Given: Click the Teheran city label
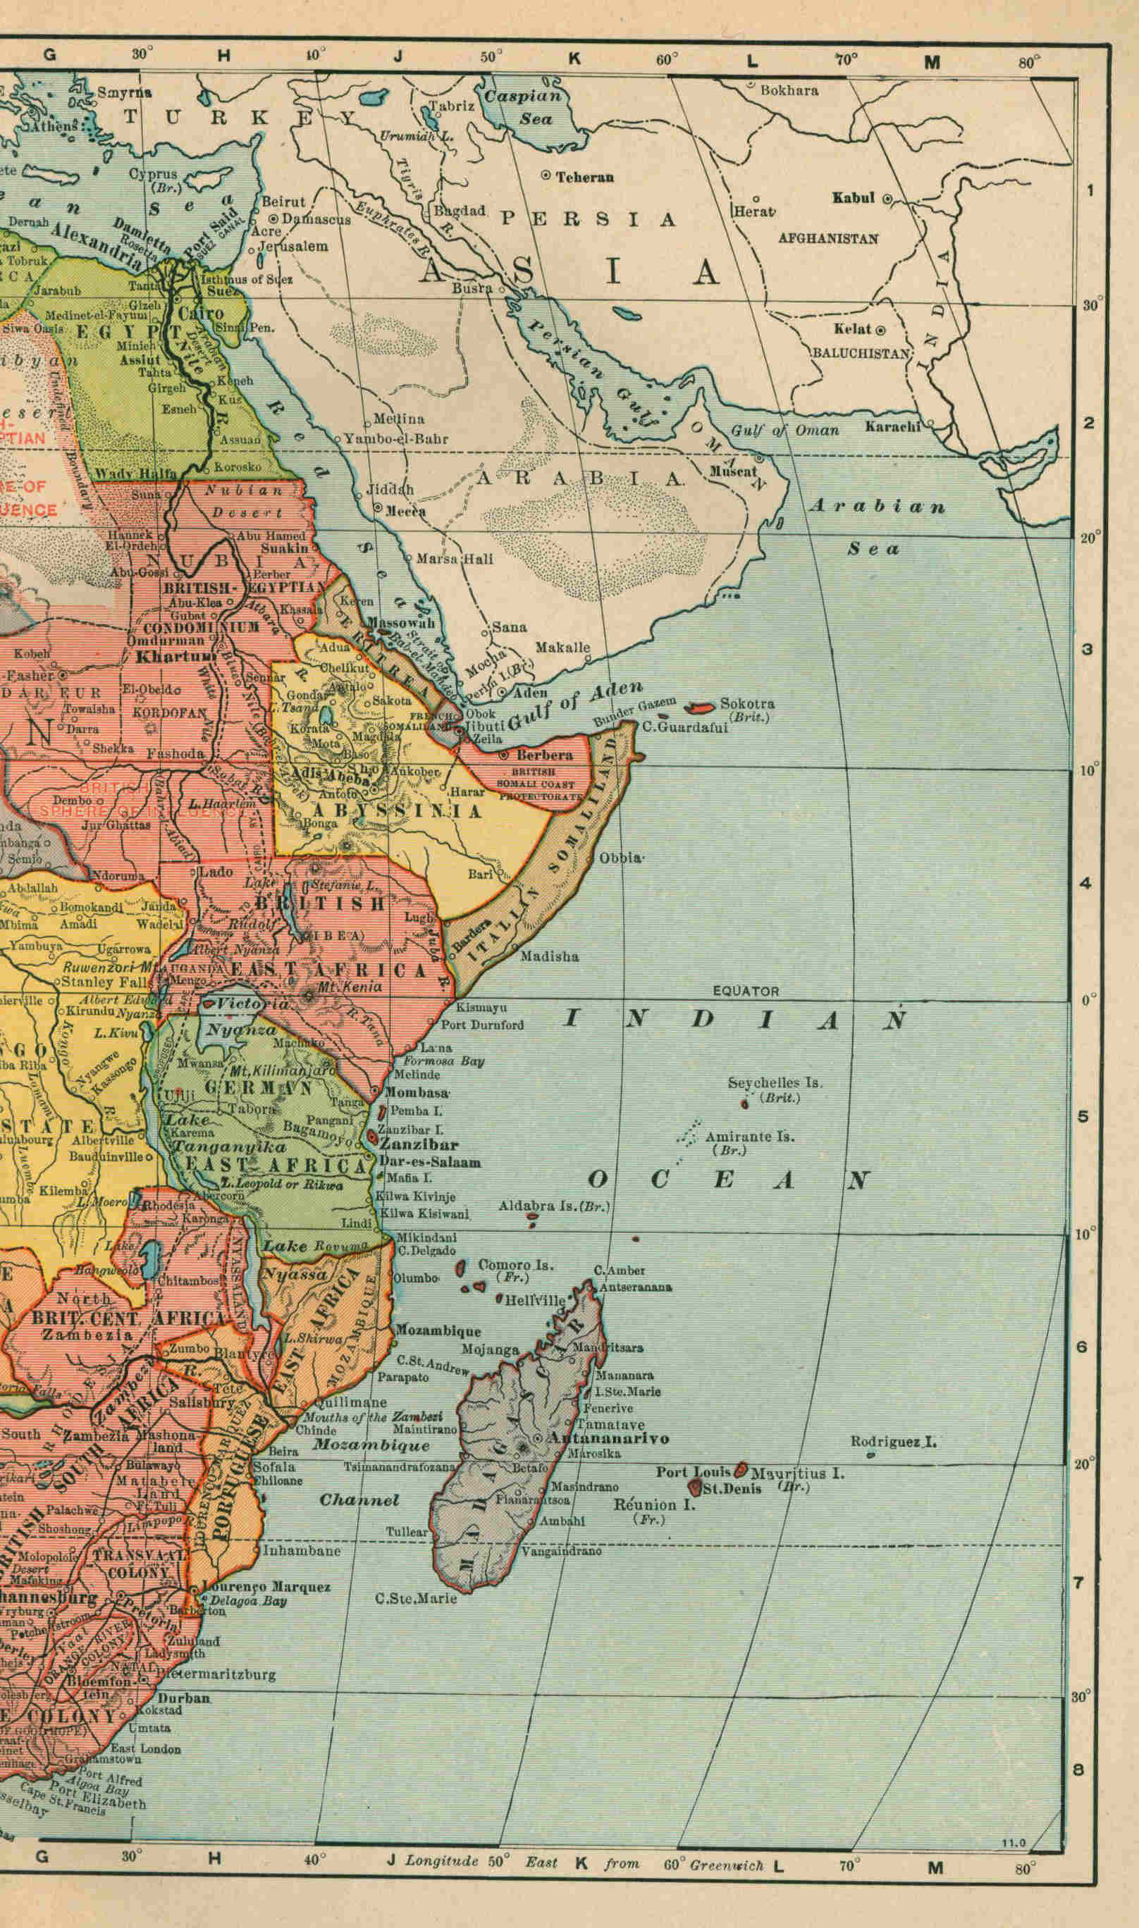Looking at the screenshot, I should [584, 176].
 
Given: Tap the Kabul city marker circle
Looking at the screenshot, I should [887, 199].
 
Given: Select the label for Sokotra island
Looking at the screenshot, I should [747, 703].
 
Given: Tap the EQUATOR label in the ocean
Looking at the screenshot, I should [745, 991].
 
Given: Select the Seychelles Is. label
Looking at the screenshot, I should [775, 1083].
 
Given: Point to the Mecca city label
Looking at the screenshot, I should [405, 511].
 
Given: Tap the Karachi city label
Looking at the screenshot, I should [892, 426].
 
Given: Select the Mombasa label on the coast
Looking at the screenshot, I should [416, 1092].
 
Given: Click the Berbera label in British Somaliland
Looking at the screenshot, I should [544, 755].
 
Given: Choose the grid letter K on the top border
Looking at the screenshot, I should [574, 59].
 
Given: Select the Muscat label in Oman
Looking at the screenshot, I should [732, 472].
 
